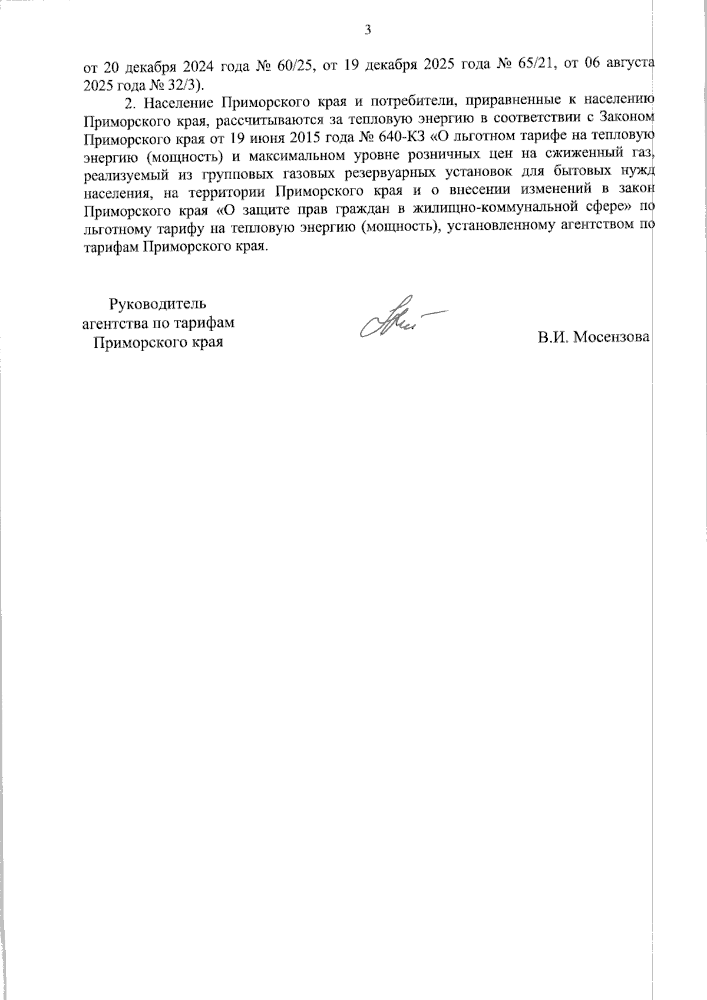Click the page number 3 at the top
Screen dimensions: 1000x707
pyautogui.click(x=368, y=30)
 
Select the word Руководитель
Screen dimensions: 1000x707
pyautogui.click(x=158, y=305)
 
